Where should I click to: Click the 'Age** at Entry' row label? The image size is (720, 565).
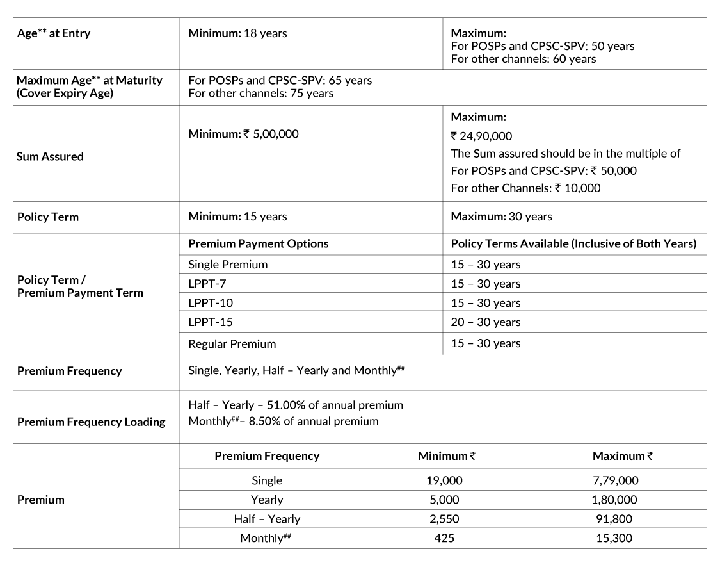point(53,33)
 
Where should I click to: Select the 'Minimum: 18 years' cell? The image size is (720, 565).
point(237,33)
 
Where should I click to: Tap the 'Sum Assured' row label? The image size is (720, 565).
point(50,157)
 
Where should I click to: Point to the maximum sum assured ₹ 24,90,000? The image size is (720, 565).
point(481,136)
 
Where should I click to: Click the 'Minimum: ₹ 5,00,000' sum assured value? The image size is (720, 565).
point(243,135)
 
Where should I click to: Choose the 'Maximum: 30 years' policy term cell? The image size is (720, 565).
point(501,217)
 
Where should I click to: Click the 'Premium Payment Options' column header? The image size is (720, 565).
point(258,244)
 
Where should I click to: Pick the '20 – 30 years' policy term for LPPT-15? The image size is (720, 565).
point(485,322)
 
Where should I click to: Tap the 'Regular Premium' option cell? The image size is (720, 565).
point(232,344)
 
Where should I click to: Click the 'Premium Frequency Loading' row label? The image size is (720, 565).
point(91,422)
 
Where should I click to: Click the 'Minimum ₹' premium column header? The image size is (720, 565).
point(446,456)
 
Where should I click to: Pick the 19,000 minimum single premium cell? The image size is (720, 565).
point(444,480)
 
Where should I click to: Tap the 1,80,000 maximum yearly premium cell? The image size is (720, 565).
point(615,500)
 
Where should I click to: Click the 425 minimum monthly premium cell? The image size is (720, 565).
point(444,538)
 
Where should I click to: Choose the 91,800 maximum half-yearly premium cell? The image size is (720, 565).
point(615,519)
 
